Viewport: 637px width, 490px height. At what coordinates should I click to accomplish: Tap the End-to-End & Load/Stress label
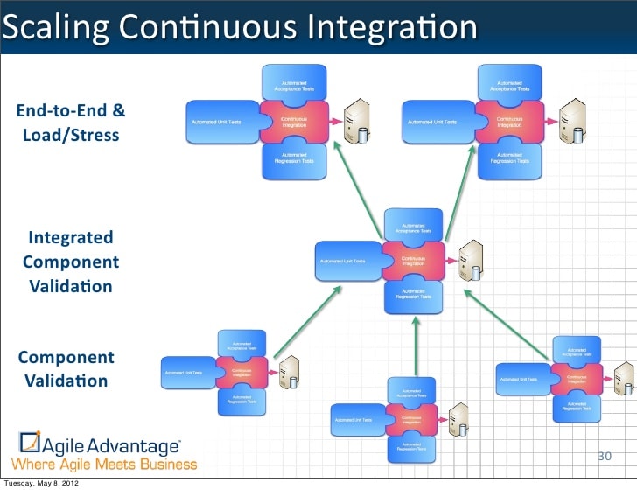[71, 123]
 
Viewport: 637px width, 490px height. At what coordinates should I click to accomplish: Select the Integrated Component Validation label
[70, 262]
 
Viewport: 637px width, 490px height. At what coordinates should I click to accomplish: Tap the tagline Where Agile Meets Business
[104, 463]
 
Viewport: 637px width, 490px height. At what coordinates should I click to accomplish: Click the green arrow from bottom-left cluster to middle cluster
[306, 322]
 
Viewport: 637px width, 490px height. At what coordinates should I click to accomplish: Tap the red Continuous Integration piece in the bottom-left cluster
[242, 371]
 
